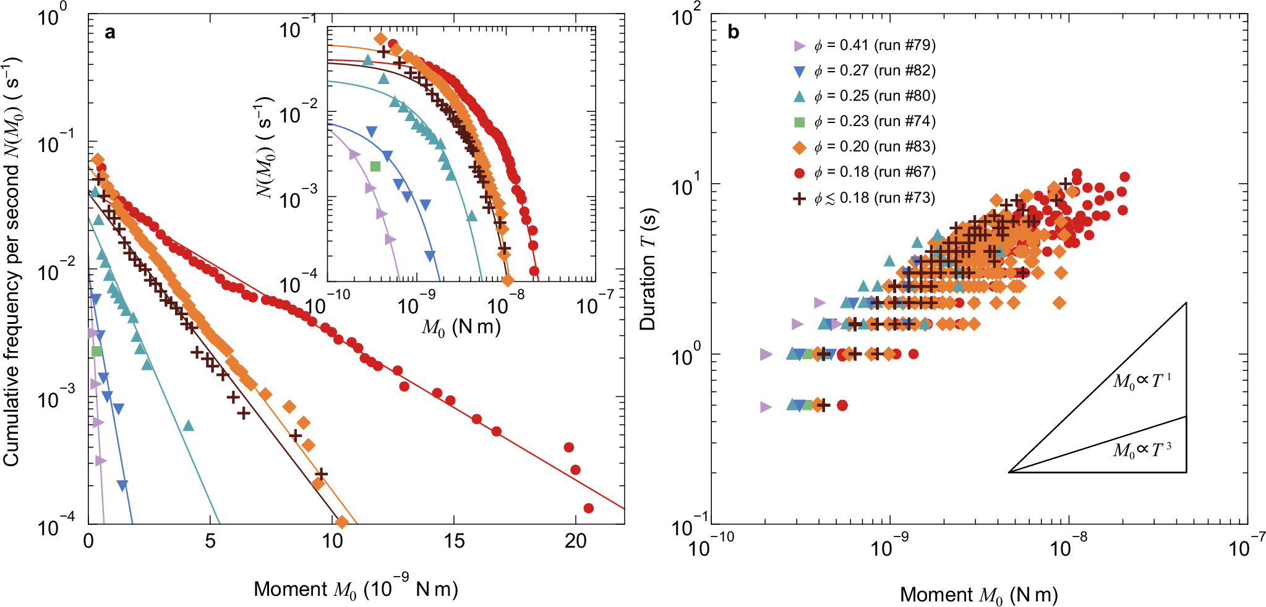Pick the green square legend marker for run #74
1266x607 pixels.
pos(799,122)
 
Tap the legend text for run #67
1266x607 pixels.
pos(875,172)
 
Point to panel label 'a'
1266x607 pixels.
pos(109,32)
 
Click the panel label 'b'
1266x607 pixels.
pos(733,32)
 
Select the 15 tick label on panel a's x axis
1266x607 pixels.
pos(454,541)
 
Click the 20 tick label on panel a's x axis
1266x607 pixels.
pos(575,541)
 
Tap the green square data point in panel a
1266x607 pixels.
pos(96,351)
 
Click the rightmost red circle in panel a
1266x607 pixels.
pos(588,508)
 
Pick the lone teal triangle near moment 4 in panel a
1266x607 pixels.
pos(189,425)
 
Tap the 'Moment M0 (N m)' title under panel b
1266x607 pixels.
pos(978,595)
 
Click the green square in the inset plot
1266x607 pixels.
pos(375,166)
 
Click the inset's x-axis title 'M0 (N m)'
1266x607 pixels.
pos(461,327)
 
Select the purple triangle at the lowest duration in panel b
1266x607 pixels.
pos(766,407)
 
